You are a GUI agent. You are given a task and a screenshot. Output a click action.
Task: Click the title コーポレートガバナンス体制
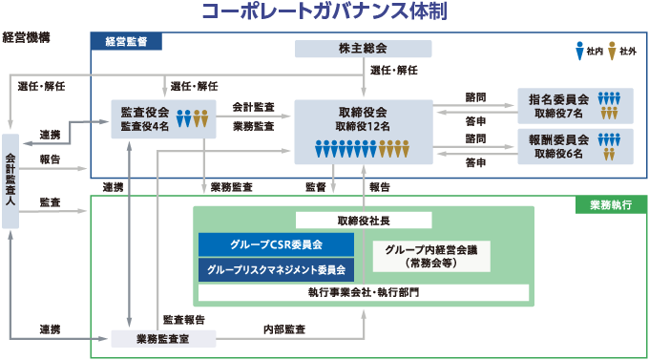[x=324, y=12]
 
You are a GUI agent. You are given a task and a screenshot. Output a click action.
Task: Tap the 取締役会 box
[x=363, y=131]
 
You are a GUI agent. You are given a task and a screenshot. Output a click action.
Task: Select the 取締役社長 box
[x=364, y=219]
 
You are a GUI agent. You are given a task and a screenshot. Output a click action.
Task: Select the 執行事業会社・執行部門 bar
[x=364, y=291]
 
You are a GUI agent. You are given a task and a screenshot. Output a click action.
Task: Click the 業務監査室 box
[x=163, y=337]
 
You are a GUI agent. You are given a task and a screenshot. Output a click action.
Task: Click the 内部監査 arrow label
[x=283, y=328]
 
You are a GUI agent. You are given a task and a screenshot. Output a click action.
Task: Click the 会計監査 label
[x=253, y=108]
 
